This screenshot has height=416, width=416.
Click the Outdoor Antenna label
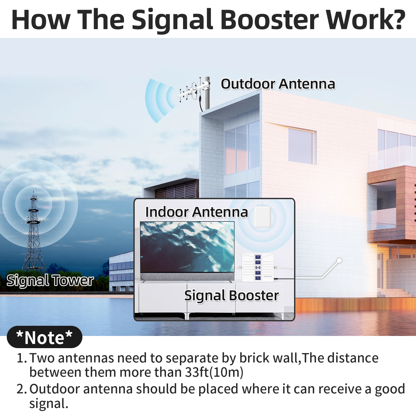(x=278, y=84)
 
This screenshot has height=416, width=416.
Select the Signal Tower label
(x=50, y=281)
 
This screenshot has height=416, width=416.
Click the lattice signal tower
(x=33, y=234)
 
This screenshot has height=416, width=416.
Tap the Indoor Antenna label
(x=197, y=212)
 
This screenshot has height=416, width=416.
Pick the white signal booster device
(x=258, y=268)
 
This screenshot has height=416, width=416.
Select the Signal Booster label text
(x=231, y=296)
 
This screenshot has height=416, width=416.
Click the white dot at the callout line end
(x=339, y=260)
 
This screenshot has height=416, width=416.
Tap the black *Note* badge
(x=44, y=337)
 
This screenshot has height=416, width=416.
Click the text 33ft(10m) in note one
(x=214, y=372)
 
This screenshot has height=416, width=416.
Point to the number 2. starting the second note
(x=22, y=389)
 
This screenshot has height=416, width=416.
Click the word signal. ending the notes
(x=49, y=404)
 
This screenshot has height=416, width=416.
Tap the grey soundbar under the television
(x=187, y=277)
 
